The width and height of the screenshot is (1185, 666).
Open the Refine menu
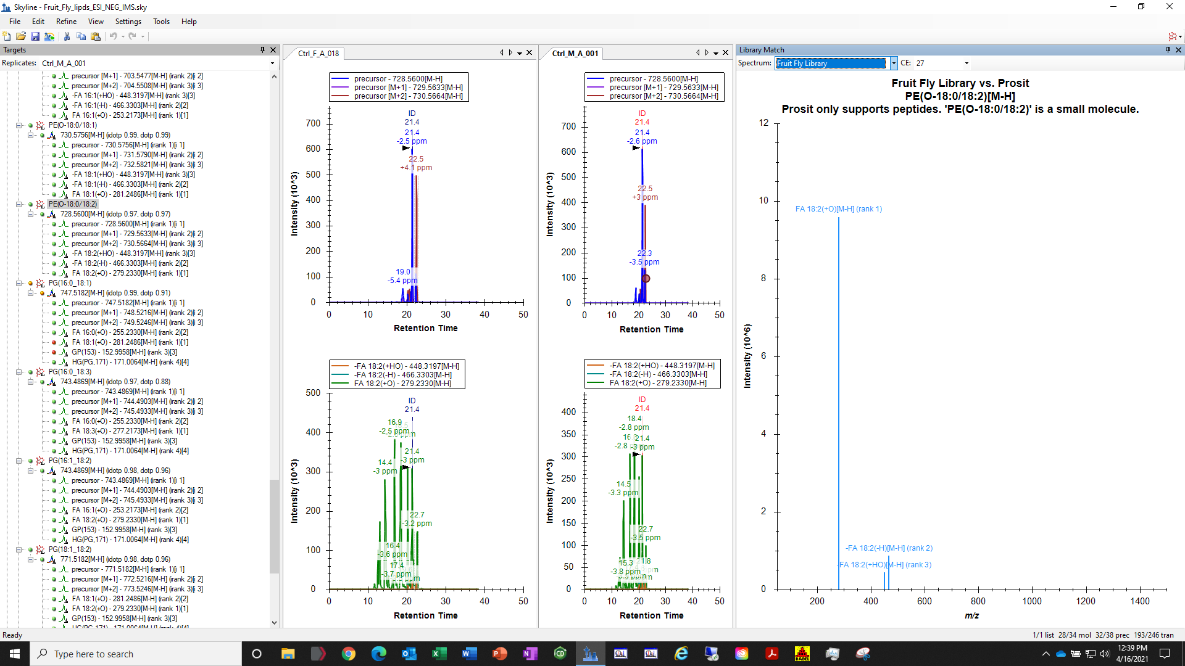[66, 22]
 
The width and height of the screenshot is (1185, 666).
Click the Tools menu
[161, 22]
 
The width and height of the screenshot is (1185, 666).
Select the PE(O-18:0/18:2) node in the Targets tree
[73, 204]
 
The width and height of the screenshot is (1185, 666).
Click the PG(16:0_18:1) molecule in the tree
[70, 283]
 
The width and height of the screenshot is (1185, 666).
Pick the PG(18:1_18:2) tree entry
[70, 549]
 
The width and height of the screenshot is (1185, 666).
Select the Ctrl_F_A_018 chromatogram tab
[318, 54]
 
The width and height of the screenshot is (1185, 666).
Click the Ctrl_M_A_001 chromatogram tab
[575, 54]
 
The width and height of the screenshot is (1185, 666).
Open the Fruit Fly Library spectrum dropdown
[893, 64]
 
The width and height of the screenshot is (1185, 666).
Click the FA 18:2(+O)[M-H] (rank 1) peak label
[838, 209]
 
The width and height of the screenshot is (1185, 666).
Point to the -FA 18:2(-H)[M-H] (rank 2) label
[889, 548]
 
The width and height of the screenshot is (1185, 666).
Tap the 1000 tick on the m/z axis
[1031, 601]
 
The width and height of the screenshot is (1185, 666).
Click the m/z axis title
[971, 615]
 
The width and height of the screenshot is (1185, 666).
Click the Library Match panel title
[762, 50]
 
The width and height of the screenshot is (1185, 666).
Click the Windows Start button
[15, 654]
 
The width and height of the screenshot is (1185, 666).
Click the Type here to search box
[136, 654]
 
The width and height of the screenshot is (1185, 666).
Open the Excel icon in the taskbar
[439, 654]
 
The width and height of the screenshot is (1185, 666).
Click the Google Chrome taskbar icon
[349, 654]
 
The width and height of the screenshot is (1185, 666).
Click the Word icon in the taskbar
[469, 654]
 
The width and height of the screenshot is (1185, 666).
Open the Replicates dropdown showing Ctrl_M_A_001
[272, 64]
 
